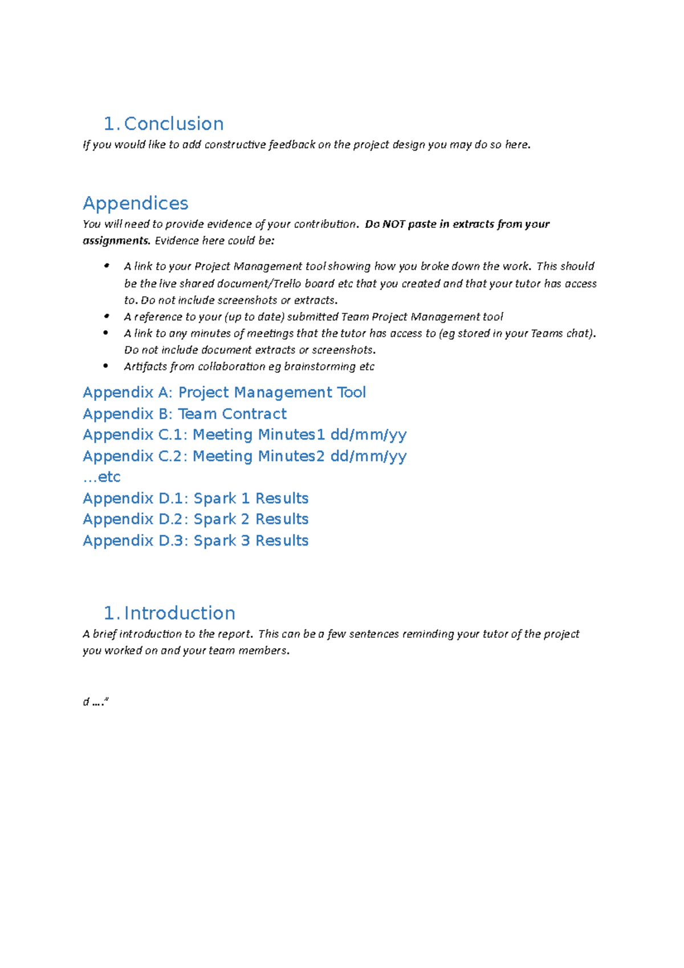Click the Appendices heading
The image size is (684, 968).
click(136, 204)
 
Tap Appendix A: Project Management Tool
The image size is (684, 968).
click(224, 393)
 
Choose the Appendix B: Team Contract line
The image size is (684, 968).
click(185, 414)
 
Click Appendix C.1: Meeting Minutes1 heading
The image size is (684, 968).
click(245, 435)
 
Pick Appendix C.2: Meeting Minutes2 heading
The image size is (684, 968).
click(245, 457)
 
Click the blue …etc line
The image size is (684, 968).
click(101, 477)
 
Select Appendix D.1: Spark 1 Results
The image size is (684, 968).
click(196, 499)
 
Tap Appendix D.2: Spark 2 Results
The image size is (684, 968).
click(196, 519)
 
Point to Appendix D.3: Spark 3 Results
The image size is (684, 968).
click(196, 541)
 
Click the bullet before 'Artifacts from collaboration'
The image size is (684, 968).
click(106, 366)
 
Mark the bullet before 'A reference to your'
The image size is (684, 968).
click(106, 316)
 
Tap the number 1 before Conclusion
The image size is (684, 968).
click(110, 124)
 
